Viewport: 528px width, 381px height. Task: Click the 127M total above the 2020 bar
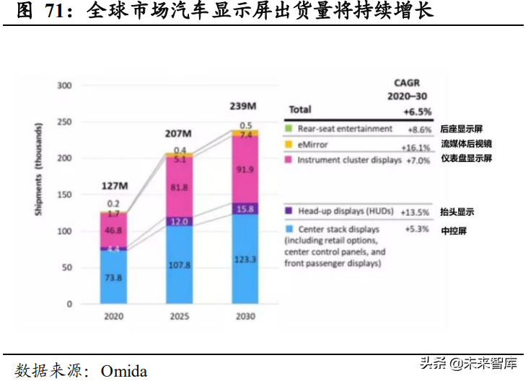click(115, 187)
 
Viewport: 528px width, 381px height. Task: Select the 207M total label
click(177, 134)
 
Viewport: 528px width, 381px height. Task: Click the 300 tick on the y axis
click(65, 86)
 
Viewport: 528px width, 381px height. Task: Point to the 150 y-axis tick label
click(65, 195)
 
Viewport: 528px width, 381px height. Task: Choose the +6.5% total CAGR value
click(416, 111)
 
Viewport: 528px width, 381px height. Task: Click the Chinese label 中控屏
click(453, 231)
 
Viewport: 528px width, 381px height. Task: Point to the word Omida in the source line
click(124, 372)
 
